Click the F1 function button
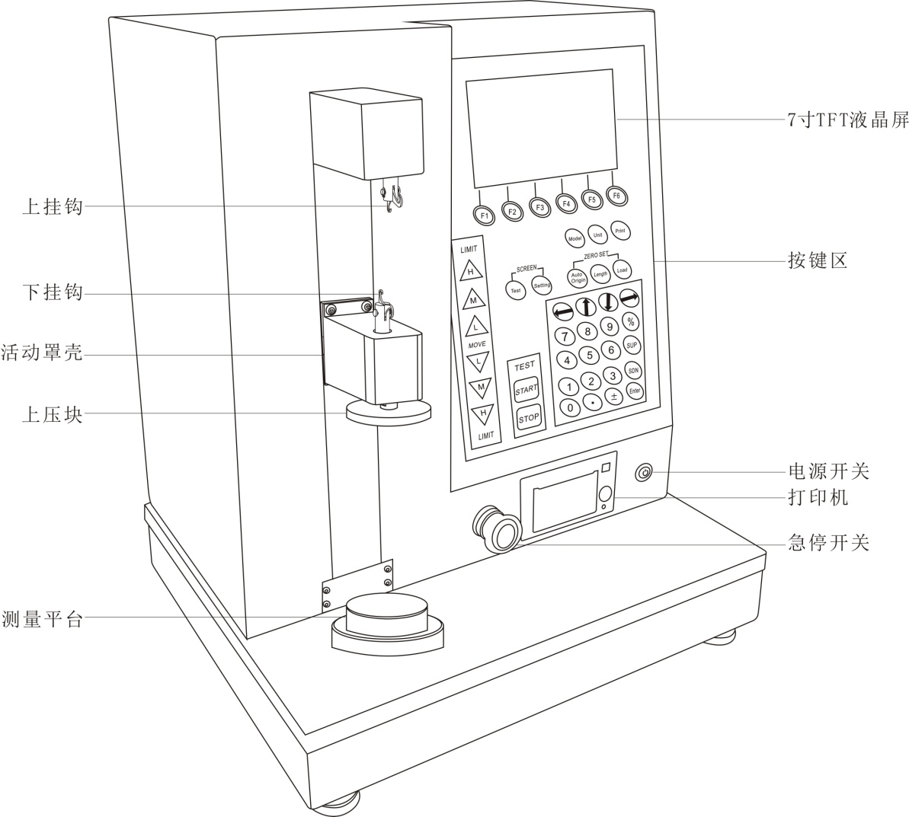485,215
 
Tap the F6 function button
616,196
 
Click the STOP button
528,418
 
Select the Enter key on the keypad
634,390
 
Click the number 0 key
570,407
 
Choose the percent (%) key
631,322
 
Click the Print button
620,231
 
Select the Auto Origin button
578,276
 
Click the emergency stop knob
500,531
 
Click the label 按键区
817,261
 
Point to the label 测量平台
42,619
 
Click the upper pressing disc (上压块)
388,413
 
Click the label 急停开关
827,543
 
